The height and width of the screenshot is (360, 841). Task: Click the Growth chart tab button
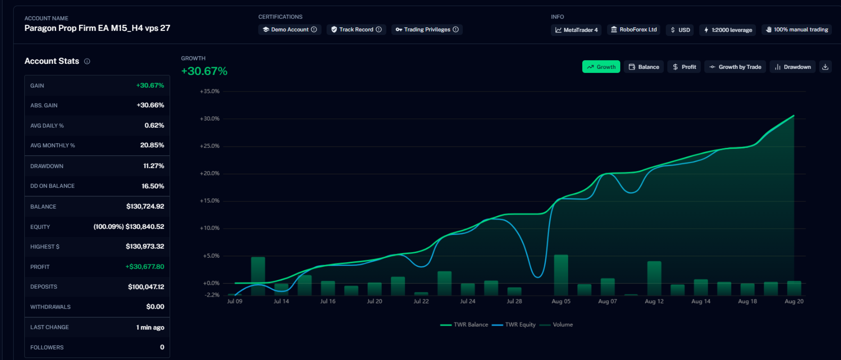[601, 67]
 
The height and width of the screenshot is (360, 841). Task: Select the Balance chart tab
[644, 67]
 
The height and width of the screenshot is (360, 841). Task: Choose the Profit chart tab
[684, 67]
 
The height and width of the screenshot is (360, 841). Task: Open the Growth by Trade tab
[735, 67]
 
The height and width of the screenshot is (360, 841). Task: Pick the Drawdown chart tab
[792, 67]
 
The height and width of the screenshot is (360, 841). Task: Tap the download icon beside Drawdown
[825, 67]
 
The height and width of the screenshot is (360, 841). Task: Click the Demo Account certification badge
[290, 29]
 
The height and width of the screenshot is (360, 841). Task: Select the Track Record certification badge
[356, 29]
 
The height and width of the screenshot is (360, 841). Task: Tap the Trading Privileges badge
[427, 29]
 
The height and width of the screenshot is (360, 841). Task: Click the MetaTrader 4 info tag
[576, 30]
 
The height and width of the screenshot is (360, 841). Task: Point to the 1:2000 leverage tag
[728, 30]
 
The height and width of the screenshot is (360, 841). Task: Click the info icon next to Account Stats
[87, 61]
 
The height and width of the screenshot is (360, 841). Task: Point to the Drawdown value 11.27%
[153, 166]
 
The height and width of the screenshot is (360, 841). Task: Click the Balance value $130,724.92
[145, 207]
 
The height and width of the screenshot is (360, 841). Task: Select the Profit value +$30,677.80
[144, 267]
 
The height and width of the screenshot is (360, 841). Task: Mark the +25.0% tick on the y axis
[210, 146]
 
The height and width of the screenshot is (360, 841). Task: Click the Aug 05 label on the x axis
[561, 301]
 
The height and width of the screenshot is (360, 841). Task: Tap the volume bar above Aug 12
[654, 278]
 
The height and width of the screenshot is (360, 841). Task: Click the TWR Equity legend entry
[513, 325]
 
